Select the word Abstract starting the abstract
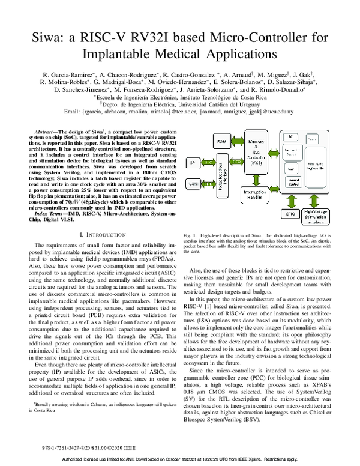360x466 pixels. tap(49, 130)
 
